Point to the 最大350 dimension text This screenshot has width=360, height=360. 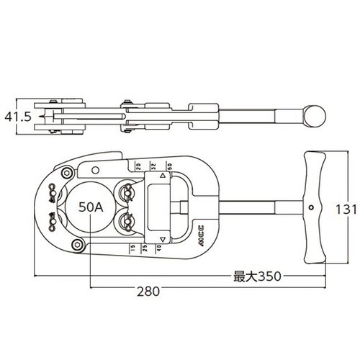[256, 276]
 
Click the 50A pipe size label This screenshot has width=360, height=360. [91, 207]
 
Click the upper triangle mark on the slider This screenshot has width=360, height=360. [163, 176]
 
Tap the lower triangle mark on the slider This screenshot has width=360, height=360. [163, 239]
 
